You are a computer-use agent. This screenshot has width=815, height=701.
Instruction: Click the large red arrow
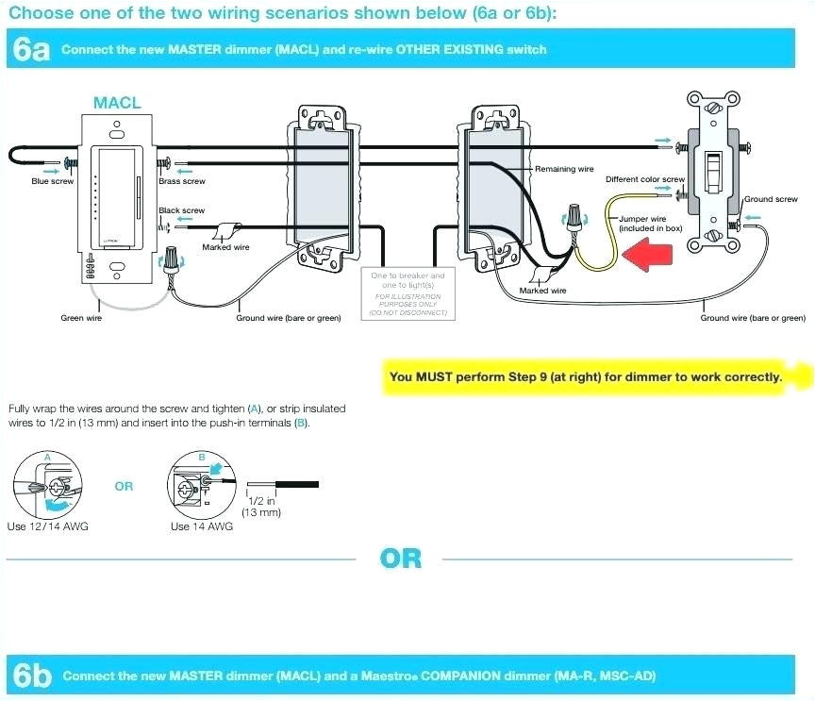(x=645, y=254)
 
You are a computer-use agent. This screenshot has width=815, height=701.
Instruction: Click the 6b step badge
(x=31, y=676)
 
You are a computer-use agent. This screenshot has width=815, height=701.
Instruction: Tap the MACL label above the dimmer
(x=117, y=103)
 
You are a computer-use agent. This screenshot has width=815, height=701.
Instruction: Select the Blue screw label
(x=52, y=181)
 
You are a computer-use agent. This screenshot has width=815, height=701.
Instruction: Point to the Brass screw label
(x=181, y=181)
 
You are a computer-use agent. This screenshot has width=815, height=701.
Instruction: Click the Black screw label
(x=181, y=210)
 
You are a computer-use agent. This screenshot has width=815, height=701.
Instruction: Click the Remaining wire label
(x=564, y=169)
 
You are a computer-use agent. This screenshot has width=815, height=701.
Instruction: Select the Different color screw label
(x=644, y=179)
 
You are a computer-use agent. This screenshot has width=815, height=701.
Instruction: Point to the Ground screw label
(x=771, y=199)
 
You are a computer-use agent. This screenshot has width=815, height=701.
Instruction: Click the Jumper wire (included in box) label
(x=650, y=224)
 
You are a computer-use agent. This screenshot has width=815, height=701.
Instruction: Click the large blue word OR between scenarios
(x=400, y=559)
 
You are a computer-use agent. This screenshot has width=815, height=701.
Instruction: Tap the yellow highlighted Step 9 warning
(x=586, y=376)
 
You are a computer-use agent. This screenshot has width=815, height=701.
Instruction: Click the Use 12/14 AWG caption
(x=47, y=526)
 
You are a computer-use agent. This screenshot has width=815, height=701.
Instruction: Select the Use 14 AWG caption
(x=201, y=526)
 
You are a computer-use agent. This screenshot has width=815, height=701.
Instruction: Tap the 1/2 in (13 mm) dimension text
(x=261, y=508)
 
